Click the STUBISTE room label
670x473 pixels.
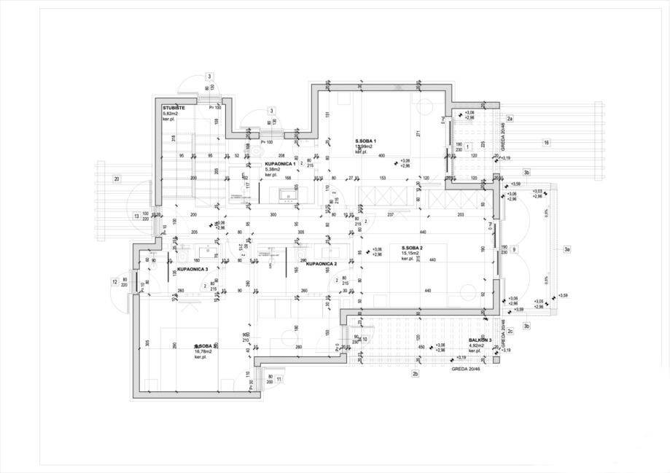(174, 108)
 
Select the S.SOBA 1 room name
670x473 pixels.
(365, 141)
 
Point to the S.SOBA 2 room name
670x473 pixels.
(413, 248)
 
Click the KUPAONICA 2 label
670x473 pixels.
(322, 264)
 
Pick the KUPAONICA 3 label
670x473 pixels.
(192, 269)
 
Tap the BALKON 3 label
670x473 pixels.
(480, 340)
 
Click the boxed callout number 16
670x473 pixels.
(546, 143)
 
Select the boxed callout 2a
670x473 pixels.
(510, 118)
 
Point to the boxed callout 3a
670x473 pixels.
(566, 250)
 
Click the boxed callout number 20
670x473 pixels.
(117, 179)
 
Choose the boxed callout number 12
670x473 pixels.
(114, 281)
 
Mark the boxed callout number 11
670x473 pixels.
(278, 379)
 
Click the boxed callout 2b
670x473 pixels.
(415, 374)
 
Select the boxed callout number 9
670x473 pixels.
(514, 250)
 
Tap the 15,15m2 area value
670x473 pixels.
(413, 254)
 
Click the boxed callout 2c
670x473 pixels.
(510, 332)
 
